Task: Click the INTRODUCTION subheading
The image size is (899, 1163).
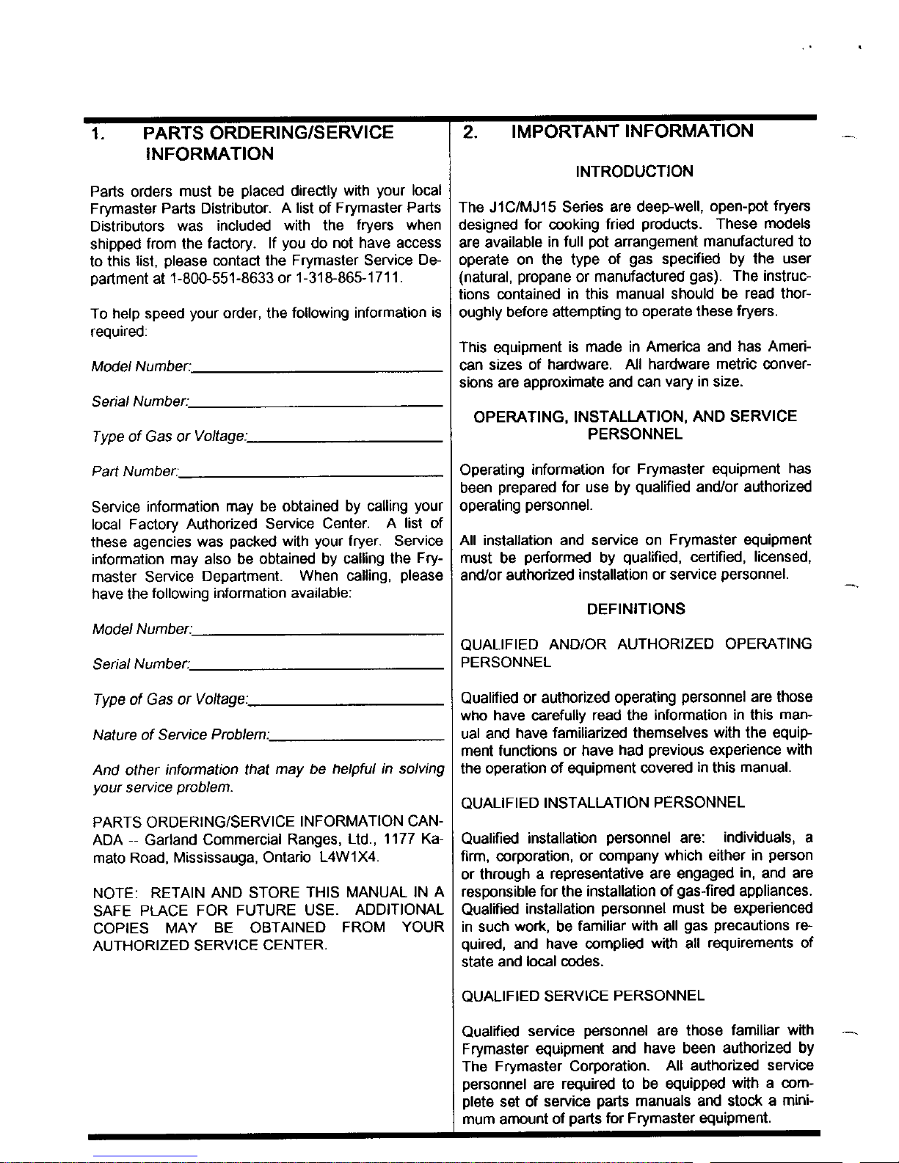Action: [x=634, y=172]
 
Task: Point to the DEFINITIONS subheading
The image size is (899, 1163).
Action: [x=636, y=609]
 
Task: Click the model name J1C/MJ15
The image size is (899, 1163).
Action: [x=520, y=206]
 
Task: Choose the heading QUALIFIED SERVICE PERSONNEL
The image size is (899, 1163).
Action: [x=583, y=996]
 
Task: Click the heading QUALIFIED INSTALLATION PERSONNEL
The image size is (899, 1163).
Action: [x=603, y=803]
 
